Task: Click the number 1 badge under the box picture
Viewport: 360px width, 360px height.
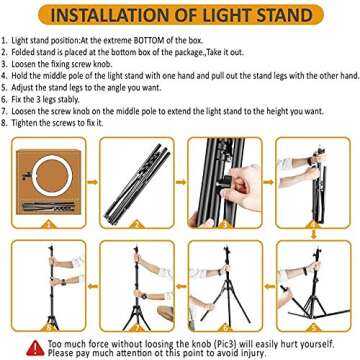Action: (x=45, y=230)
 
